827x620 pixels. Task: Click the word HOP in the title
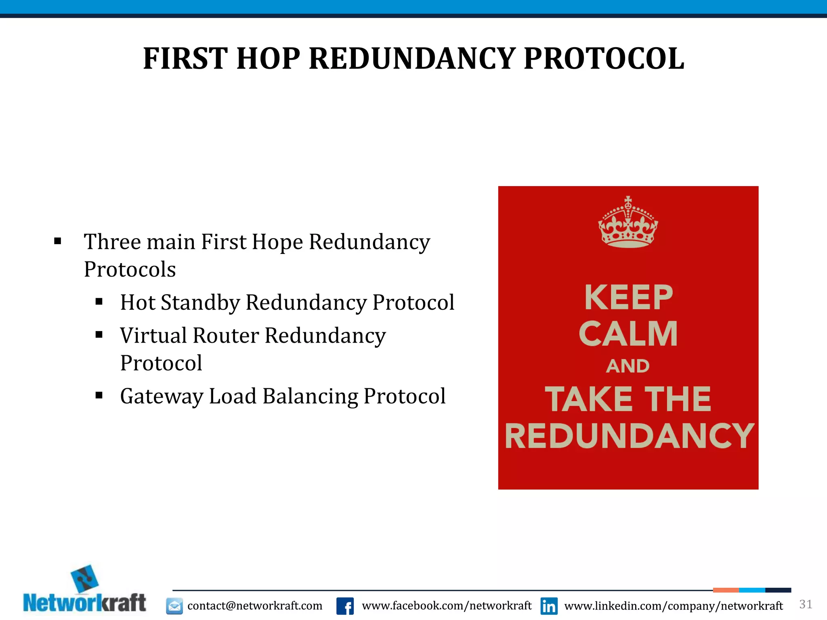[268, 59]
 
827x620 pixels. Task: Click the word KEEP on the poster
[628, 297]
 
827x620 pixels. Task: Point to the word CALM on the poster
[628, 334]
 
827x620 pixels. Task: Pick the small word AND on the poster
[628, 366]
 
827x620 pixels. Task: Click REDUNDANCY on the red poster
[629, 436]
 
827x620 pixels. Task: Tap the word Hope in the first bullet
[277, 242]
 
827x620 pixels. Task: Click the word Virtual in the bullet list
[153, 335]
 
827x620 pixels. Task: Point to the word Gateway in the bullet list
[161, 396]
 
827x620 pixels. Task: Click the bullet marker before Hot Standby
[99, 302]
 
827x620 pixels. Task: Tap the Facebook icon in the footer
[345, 606]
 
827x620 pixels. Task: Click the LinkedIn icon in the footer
[549, 606]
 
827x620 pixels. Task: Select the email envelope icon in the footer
[174, 606]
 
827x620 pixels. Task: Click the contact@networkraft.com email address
[255, 606]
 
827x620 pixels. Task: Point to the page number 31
[806, 604]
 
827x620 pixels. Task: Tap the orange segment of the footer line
[726, 590]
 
